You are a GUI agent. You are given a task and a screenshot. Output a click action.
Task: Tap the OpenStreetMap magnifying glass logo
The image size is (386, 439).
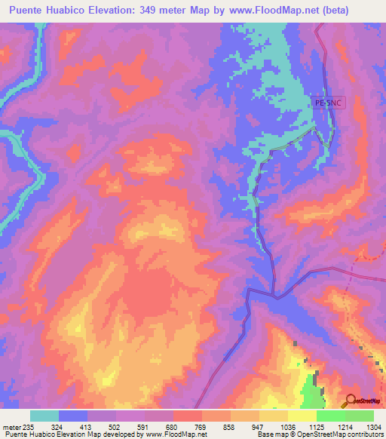pos(351,401)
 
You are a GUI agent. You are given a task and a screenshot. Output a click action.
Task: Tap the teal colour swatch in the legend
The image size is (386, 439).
pos(44,415)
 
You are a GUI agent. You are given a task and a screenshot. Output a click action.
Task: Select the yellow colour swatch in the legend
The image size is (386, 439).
pos(302,415)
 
